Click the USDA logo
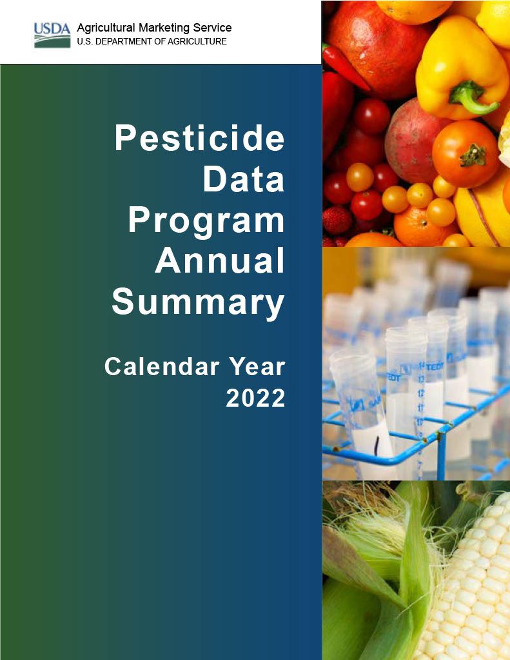pyautogui.click(x=52, y=35)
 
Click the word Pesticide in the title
pyautogui.click(x=200, y=138)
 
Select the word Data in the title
pyautogui.click(x=244, y=179)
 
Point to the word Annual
pyautogui.click(x=220, y=261)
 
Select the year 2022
pyautogui.click(x=255, y=398)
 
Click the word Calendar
pyautogui.click(x=162, y=367)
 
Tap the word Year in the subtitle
pyautogui.click(x=257, y=367)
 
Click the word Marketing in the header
pyautogui.click(x=164, y=28)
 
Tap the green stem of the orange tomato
pyautogui.click(x=473, y=155)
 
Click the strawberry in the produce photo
pyautogui.click(x=337, y=220)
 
